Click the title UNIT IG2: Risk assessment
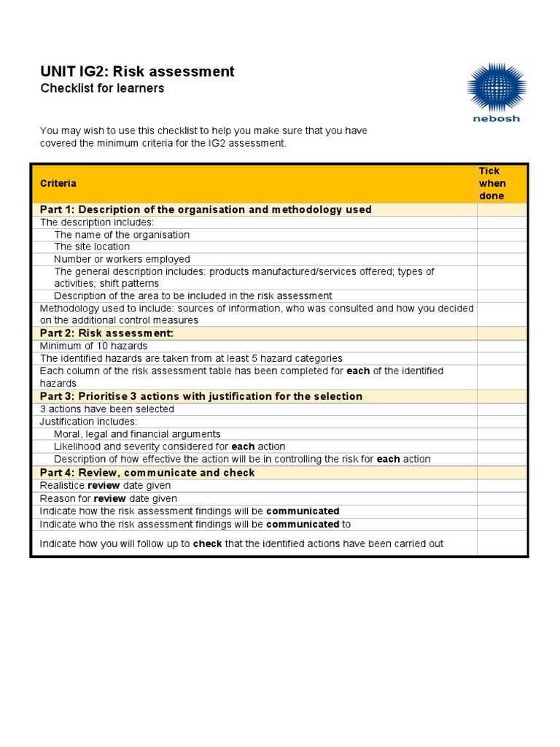pos(137,71)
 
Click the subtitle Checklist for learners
pos(102,88)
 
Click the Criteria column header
pos(58,184)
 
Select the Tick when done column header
pos(492,183)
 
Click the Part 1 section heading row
pos(206,210)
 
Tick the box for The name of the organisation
pos(502,235)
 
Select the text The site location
pos(92,247)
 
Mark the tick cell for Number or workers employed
pos(502,260)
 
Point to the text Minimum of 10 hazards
pos(93,346)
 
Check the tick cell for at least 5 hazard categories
pos(502,358)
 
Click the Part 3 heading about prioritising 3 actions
pos(201,397)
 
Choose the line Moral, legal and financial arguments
pos(137,434)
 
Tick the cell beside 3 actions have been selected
pos(502,409)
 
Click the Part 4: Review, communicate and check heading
pos(147,473)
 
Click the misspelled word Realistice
pos(62,486)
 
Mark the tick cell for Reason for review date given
pos(502,499)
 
